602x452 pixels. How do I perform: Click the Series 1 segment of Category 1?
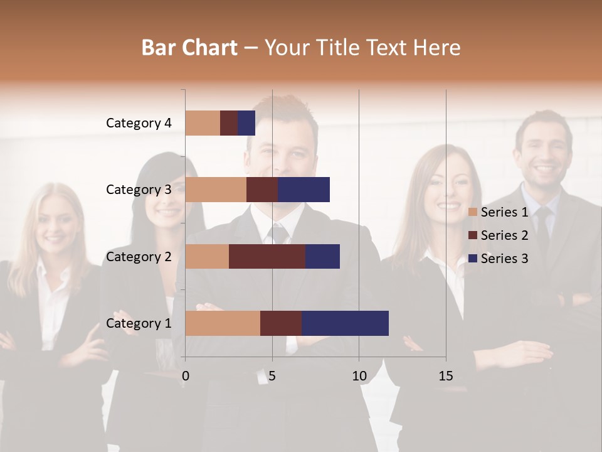click(223, 323)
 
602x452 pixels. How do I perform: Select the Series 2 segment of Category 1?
click(281, 323)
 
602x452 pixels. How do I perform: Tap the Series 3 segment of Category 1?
click(345, 323)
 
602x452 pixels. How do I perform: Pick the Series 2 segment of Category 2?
click(267, 256)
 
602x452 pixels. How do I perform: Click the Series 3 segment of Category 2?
click(322, 256)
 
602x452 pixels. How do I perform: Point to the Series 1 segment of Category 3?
click(216, 190)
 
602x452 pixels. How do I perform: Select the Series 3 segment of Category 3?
click(304, 190)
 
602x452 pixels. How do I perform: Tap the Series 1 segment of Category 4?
click(203, 123)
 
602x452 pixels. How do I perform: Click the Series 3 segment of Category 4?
click(246, 123)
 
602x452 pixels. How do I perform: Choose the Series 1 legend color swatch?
click(473, 212)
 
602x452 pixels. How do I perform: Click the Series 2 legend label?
click(504, 235)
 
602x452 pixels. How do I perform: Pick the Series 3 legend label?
click(504, 259)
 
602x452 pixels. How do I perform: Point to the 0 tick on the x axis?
click(186, 376)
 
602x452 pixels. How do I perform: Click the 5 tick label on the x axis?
click(272, 376)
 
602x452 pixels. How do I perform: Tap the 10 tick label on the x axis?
click(359, 376)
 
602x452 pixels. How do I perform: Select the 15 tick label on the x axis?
click(446, 376)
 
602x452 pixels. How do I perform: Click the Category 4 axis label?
click(139, 123)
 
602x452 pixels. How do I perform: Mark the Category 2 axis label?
click(139, 256)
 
